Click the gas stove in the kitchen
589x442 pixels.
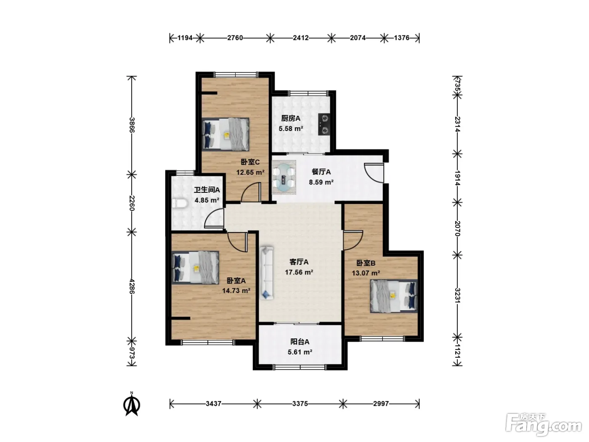click(x=324, y=124)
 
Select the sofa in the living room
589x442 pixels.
click(x=266, y=273)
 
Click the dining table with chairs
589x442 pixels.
click(x=284, y=177)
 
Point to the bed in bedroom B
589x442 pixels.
click(x=394, y=296)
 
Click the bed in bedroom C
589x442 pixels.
click(x=226, y=134)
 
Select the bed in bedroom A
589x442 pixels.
click(x=195, y=267)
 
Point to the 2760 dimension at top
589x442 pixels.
click(x=235, y=38)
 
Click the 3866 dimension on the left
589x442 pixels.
click(x=132, y=125)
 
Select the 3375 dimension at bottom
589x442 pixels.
click(x=300, y=404)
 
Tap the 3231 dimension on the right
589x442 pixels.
click(x=457, y=296)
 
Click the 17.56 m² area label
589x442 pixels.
click(x=299, y=272)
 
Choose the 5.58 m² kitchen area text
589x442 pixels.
click(x=291, y=128)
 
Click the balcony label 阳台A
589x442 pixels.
click(x=300, y=342)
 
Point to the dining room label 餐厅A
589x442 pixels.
click(x=321, y=172)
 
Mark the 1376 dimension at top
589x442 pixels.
click(x=402, y=38)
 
